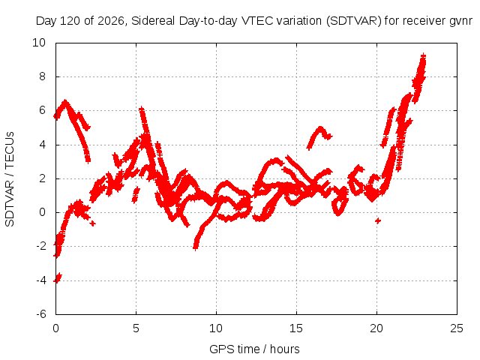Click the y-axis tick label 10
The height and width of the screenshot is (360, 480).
[x=39, y=43]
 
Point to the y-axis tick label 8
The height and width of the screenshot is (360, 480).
[x=42, y=76]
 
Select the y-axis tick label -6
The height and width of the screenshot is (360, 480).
[x=41, y=314]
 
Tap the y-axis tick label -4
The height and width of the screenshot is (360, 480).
[x=41, y=280]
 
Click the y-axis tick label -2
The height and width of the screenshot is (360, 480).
[x=41, y=246]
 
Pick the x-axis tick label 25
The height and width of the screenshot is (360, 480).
[x=457, y=328]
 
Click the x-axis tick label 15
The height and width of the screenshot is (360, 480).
[x=296, y=328]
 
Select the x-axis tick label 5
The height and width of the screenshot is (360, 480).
[x=136, y=328]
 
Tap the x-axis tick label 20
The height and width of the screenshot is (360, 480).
[x=376, y=328]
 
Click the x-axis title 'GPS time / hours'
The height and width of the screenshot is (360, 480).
[x=254, y=349]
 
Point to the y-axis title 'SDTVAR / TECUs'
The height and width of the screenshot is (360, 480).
[x=10, y=179]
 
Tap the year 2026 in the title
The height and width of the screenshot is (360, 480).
[x=110, y=21]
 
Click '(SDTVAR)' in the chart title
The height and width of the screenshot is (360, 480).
[x=353, y=21]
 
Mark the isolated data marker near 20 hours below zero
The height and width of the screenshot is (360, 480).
[x=378, y=220]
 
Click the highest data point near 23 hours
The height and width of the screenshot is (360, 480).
[x=423, y=55]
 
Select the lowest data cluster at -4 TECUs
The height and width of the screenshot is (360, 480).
[x=58, y=278]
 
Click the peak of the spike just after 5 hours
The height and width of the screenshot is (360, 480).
[x=141, y=108]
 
